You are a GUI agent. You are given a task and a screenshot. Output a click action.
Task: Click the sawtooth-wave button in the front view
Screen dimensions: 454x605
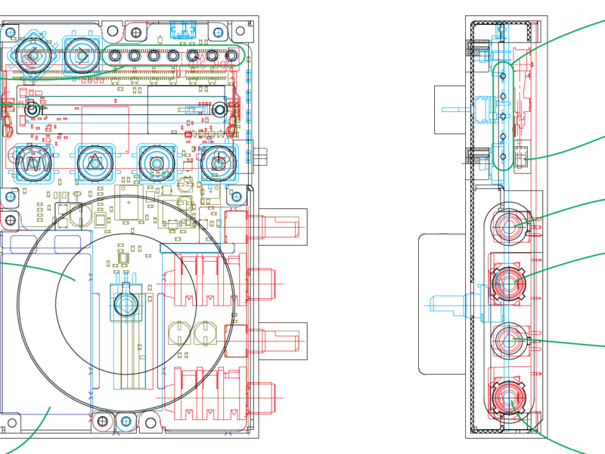tap(33, 163)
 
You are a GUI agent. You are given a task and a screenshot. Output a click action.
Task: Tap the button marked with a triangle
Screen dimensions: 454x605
tap(95, 163)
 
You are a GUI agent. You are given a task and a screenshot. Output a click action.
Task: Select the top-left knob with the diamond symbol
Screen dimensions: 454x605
tap(33, 55)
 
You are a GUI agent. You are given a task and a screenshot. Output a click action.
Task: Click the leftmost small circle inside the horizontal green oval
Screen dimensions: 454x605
tap(115, 55)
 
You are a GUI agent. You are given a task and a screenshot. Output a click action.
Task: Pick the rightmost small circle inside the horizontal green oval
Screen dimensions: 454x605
tap(231, 55)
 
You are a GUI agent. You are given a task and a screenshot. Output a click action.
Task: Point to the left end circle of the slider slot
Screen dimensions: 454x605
tap(33, 110)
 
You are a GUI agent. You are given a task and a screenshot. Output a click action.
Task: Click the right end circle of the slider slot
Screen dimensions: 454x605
tap(219, 110)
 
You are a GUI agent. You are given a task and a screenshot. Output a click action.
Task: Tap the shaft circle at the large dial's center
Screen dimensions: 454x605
tap(126, 304)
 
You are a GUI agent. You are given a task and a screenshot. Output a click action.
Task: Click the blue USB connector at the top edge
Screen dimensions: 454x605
tap(183, 31)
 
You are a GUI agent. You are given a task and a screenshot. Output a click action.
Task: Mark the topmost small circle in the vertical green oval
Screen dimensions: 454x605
tap(503, 76)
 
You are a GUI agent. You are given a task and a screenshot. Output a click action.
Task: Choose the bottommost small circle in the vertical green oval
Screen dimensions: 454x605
tap(503, 157)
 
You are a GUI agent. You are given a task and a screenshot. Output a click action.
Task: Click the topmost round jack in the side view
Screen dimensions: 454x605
tap(510, 225)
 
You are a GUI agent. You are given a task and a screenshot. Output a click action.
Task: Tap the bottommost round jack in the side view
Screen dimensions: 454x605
tap(510, 396)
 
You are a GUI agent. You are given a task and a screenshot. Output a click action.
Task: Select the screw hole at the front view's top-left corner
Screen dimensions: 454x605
tap(11, 33)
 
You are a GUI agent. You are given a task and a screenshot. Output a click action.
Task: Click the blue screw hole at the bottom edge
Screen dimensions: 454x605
tap(126, 421)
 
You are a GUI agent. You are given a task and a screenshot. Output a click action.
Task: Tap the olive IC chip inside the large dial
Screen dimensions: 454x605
tap(123, 259)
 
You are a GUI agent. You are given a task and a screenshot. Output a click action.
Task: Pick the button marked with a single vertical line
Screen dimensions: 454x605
tap(218, 163)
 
